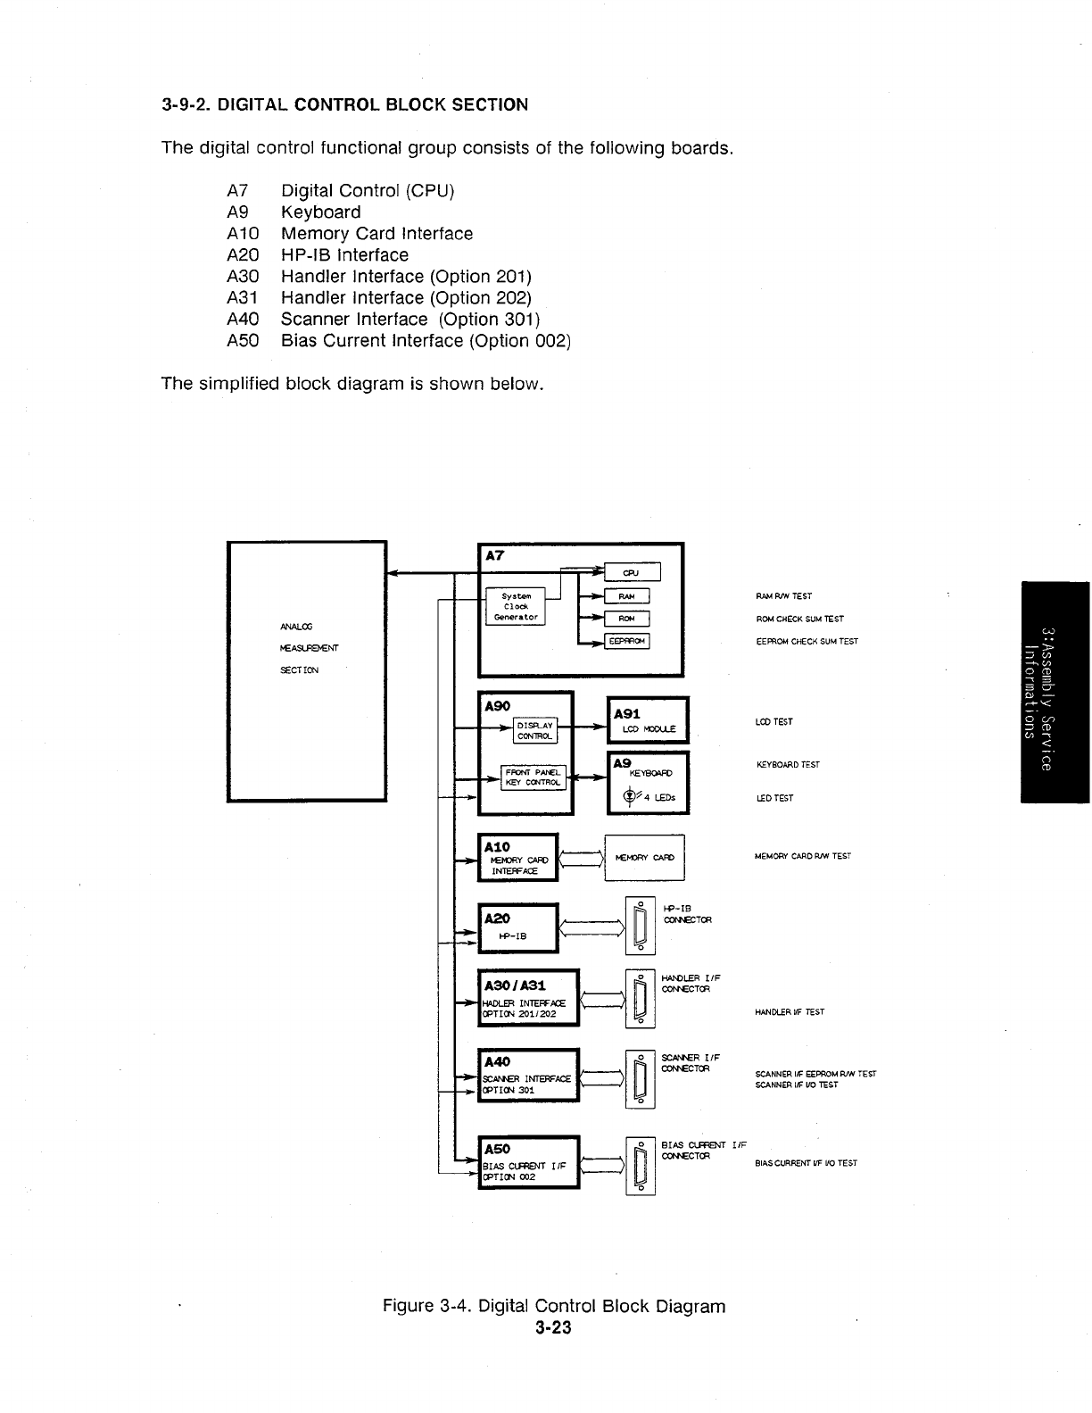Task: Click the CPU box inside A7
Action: (x=632, y=572)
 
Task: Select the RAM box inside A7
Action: (x=626, y=596)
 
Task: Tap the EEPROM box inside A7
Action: (x=627, y=640)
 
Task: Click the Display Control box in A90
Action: (x=535, y=729)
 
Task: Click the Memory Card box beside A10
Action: (x=644, y=858)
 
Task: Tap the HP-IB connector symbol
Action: (x=640, y=925)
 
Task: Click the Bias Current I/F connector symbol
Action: (x=640, y=1166)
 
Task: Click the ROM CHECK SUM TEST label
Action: (x=799, y=619)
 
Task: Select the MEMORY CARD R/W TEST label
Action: (x=802, y=856)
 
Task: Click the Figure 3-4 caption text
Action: (x=553, y=1306)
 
